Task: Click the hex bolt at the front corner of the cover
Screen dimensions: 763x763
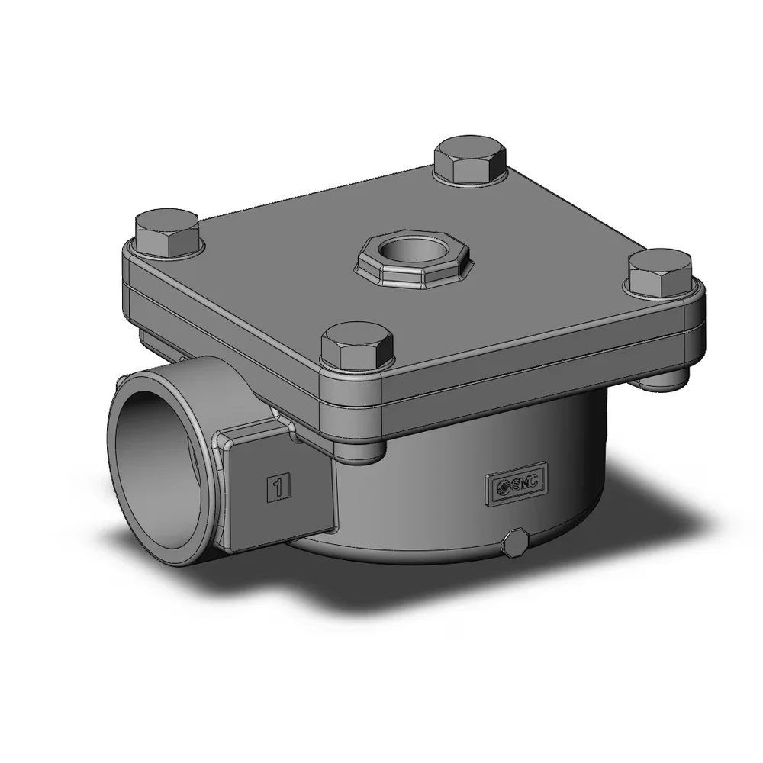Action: click(357, 346)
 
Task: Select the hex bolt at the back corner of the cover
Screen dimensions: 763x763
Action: click(471, 160)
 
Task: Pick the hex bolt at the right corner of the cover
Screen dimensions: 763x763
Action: click(660, 273)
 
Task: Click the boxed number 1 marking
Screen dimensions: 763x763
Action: click(278, 486)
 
